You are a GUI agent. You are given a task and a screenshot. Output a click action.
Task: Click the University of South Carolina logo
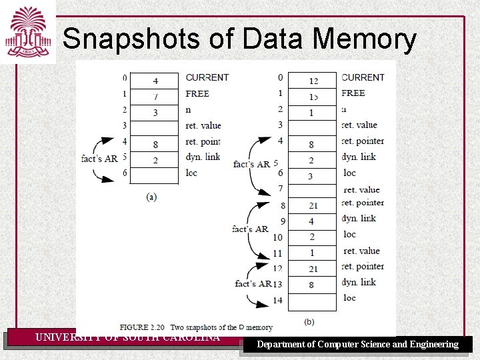point(28,32)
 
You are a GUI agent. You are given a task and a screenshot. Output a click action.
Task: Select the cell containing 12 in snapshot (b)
point(313,81)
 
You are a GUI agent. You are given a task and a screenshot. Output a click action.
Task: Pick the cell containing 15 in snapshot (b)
point(313,97)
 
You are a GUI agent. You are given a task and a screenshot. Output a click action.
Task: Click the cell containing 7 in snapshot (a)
point(155,97)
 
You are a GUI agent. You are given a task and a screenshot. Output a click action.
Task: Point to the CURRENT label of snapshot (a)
point(207,78)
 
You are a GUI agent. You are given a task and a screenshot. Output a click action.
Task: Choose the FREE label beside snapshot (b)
point(353,93)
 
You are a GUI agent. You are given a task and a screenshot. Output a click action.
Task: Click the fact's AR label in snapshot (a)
point(99,159)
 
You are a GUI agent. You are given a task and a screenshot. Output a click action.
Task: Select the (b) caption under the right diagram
point(309,322)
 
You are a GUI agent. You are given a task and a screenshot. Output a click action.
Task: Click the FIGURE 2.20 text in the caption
point(143,327)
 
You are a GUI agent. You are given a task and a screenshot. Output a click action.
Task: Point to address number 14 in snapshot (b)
point(277,301)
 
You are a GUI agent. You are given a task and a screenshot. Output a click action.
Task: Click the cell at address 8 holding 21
point(313,206)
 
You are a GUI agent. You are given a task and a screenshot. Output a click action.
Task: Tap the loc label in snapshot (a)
point(191,173)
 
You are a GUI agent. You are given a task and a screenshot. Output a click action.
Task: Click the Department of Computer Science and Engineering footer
point(358,345)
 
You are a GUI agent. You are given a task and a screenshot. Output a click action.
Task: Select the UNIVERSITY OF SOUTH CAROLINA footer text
point(127,337)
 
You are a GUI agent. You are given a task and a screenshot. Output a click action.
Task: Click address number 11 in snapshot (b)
point(277,253)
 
